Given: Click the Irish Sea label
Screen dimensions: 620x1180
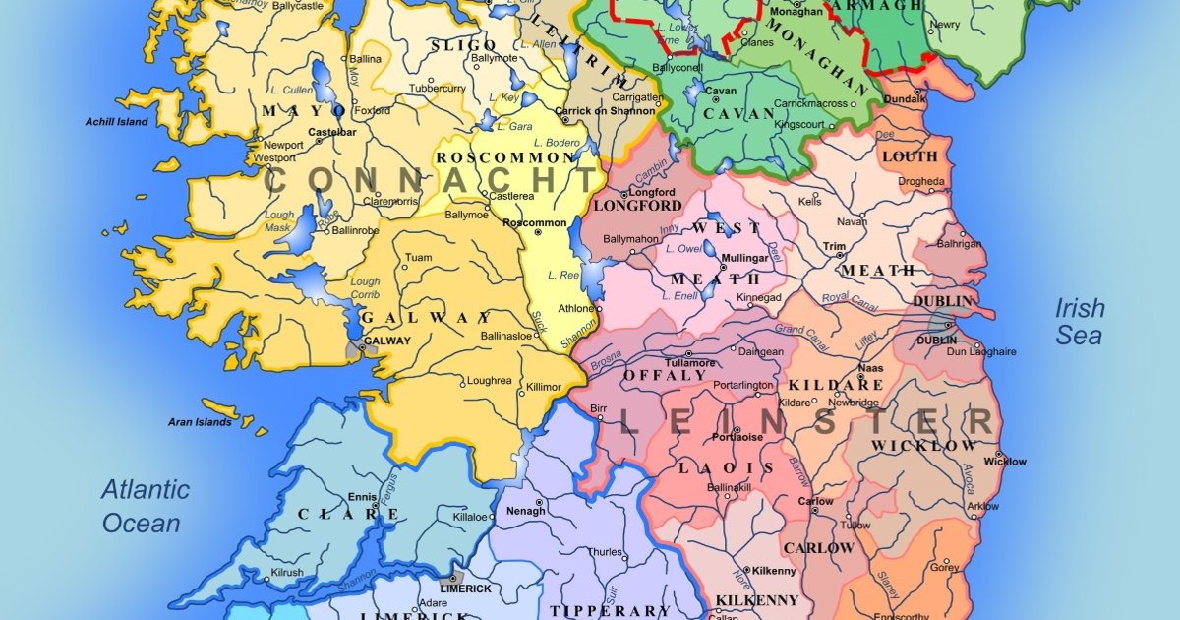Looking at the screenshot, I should [x=1080, y=322].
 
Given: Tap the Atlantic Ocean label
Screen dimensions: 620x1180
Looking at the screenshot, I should [x=146, y=506].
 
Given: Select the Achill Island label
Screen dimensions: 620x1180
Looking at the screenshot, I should [x=115, y=122].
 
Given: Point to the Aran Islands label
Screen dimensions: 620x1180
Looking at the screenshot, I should [x=200, y=422].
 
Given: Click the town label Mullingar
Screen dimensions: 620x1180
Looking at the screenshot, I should [x=744, y=258].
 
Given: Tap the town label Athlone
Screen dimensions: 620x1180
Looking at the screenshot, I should [x=576, y=309].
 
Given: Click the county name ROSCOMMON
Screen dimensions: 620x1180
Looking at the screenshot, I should [x=505, y=158].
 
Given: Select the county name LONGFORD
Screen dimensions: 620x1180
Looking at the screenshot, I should [x=637, y=207].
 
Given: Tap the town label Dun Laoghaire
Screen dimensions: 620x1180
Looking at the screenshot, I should [x=980, y=351].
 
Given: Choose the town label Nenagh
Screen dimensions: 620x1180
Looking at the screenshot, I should [x=525, y=512].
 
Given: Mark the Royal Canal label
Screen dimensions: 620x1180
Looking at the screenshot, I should [x=847, y=296].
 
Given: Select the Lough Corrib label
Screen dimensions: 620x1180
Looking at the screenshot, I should [x=365, y=288].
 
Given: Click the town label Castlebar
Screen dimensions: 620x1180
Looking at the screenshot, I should [x=331, y=131].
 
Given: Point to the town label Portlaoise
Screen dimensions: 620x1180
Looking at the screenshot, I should [x=737, y=436].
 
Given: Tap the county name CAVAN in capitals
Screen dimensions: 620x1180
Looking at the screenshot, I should [x=739, y=114].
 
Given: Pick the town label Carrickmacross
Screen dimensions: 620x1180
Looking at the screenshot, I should [x=812, y=103].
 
